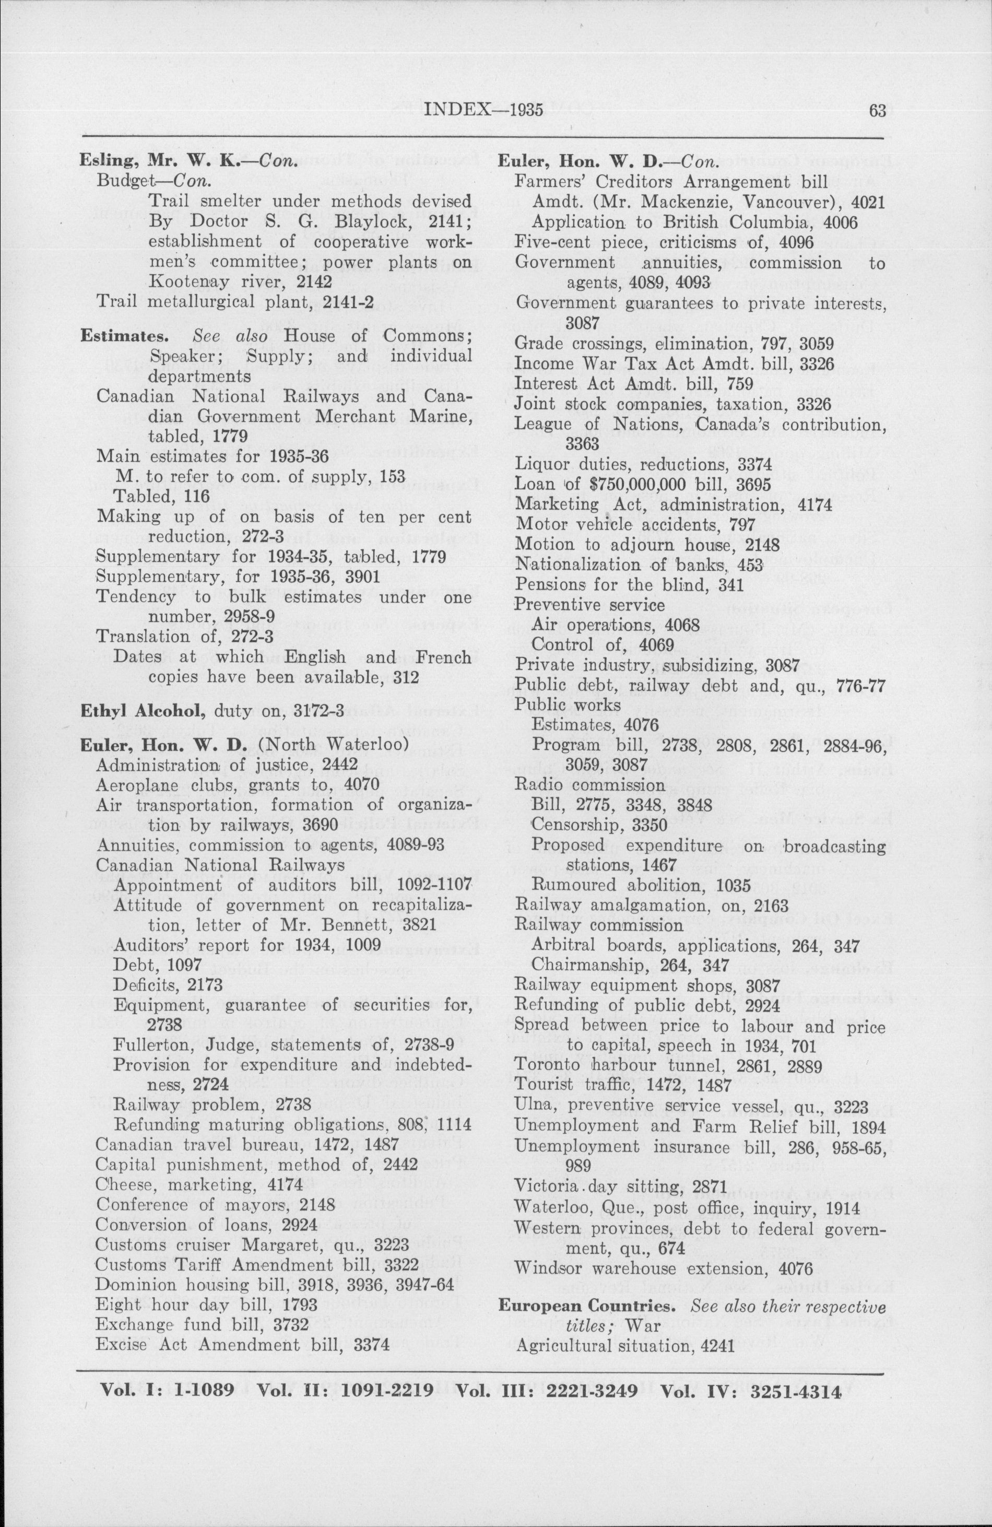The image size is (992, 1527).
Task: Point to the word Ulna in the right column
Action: [531, 1108]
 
